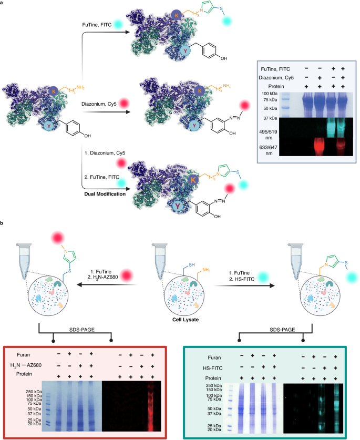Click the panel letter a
coord(3,3)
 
